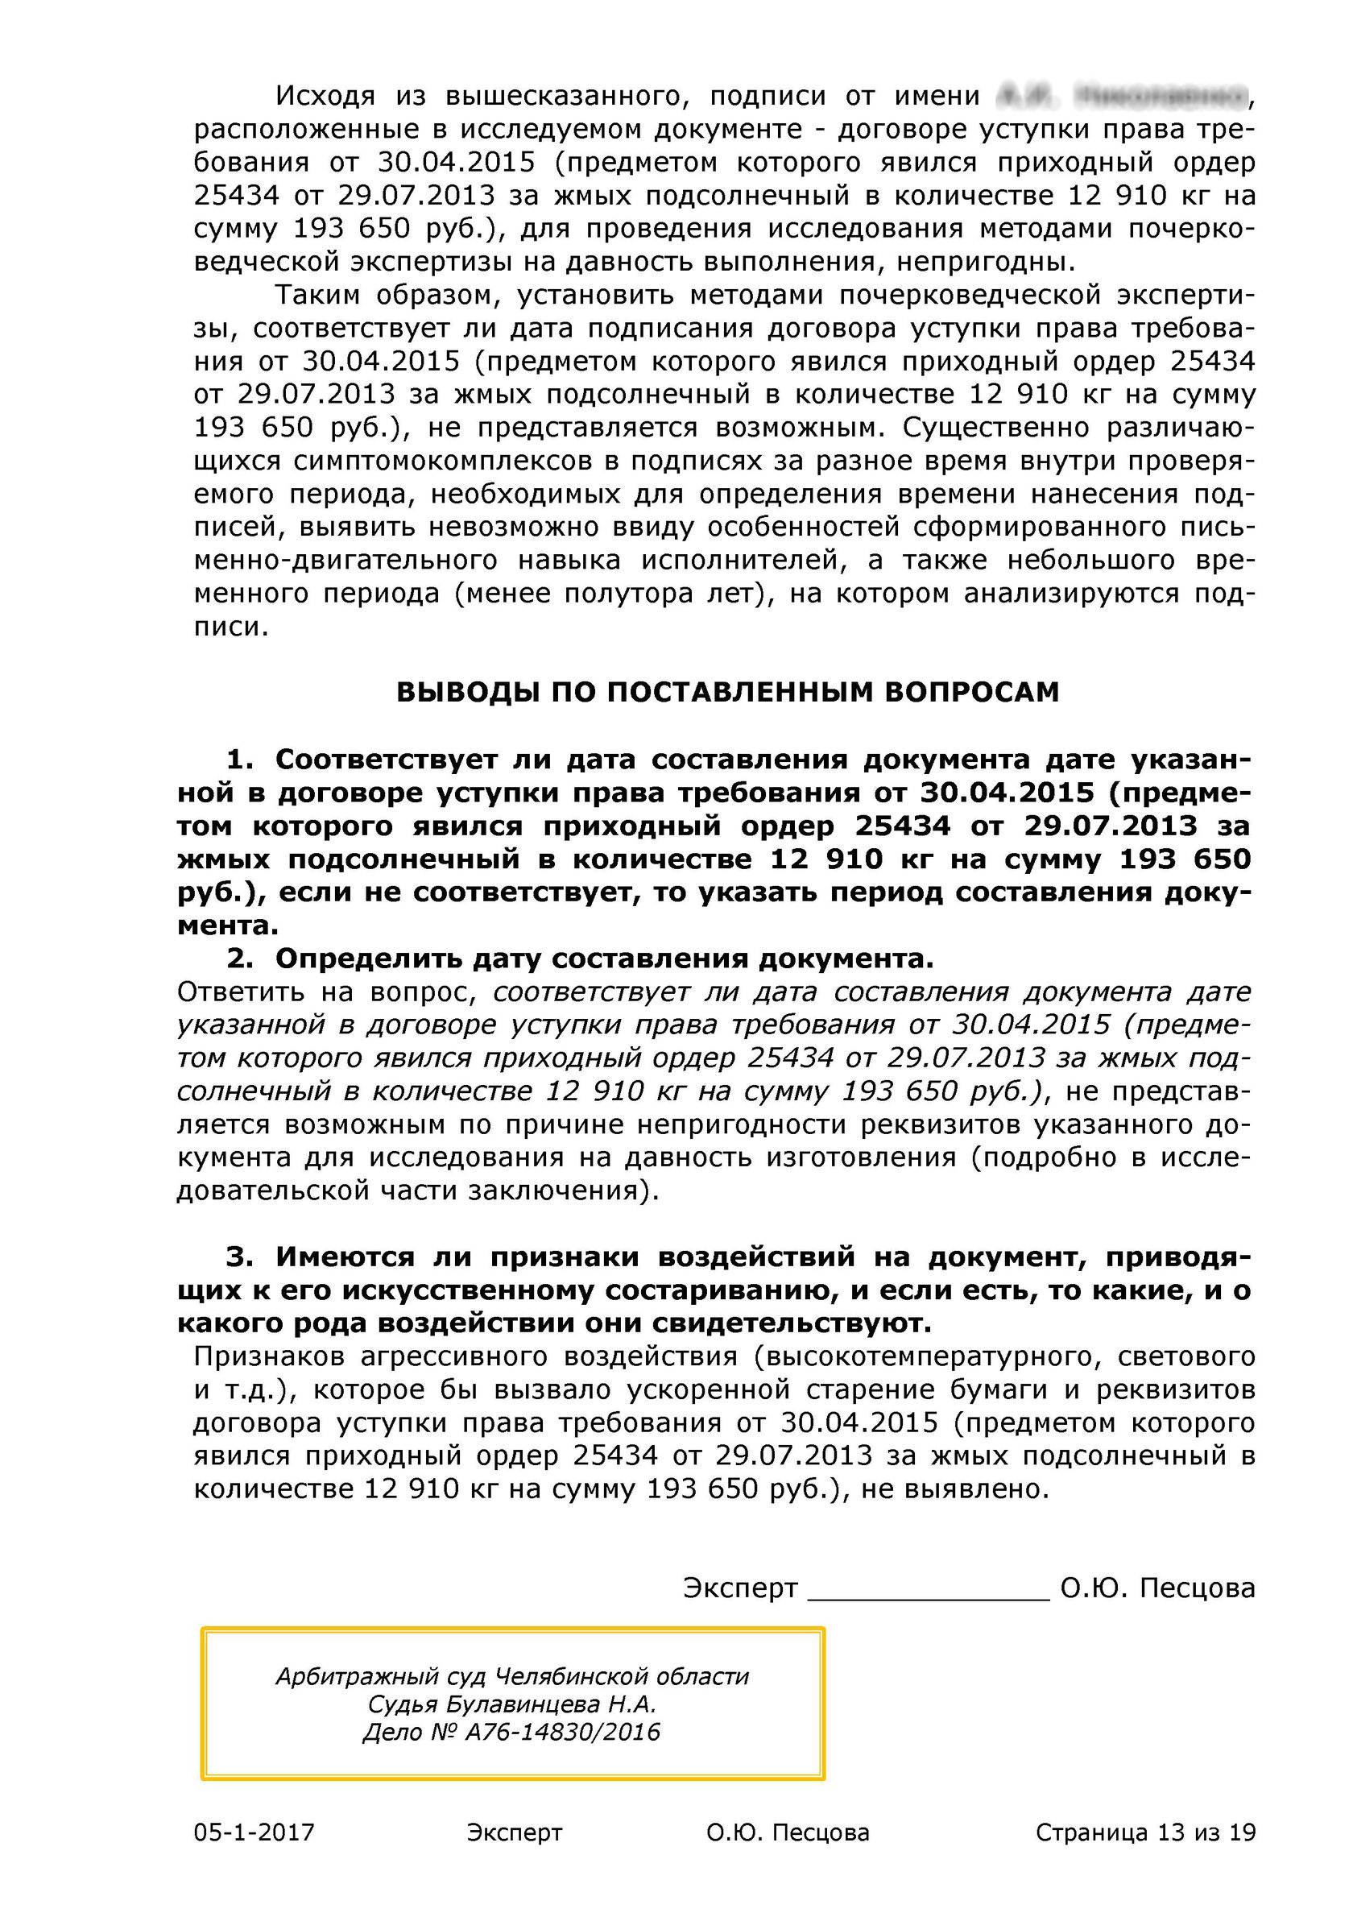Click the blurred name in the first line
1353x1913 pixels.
point(1120,97)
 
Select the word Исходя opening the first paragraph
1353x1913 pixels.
point(325,97)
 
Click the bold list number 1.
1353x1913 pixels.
point(239,759)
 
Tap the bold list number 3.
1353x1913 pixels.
point(239,1257)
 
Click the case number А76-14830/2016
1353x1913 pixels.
point(562,1733)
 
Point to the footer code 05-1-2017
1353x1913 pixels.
point(254,1832)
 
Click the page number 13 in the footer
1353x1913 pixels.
point(1170,1832)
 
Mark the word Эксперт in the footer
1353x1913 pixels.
point(514,1832)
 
